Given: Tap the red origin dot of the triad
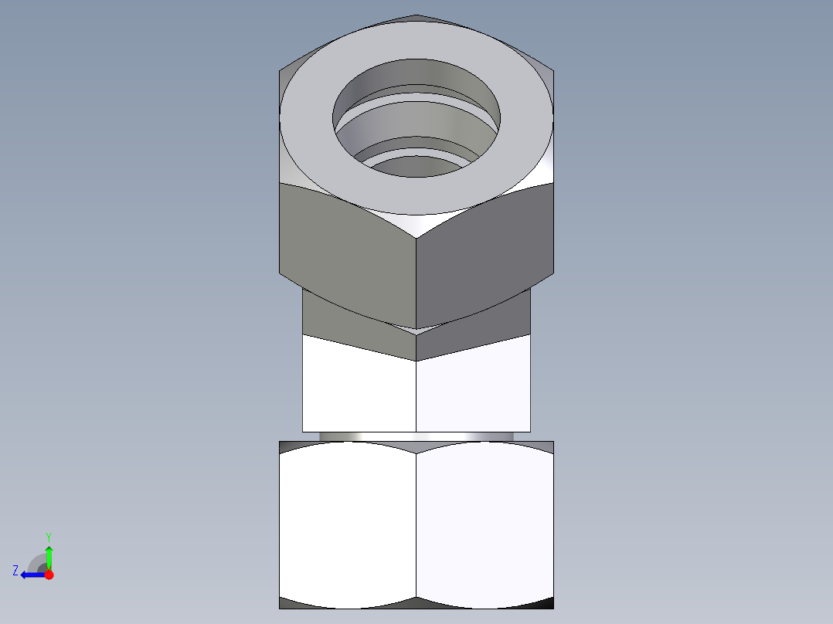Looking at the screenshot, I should point(49,575).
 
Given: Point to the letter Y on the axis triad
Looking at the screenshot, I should point(48,536).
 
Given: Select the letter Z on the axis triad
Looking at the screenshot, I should point(15,571).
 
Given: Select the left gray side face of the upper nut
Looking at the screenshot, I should point(348,247).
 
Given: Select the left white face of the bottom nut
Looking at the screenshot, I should point(348,525).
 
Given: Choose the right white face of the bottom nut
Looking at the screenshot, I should point(484,525).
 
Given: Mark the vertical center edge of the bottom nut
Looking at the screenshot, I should point(416,525).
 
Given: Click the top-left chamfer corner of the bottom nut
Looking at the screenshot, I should point(288,446).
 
